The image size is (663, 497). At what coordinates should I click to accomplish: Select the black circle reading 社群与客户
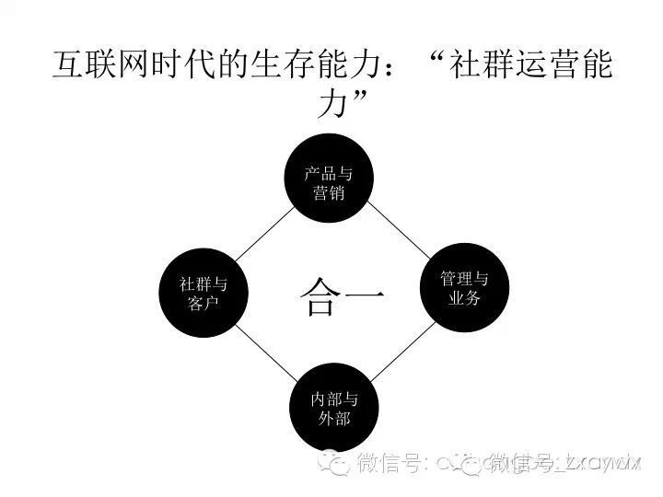203,293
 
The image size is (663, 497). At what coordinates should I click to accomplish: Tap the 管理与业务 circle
463,287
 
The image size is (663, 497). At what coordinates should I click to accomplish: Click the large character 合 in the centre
320,298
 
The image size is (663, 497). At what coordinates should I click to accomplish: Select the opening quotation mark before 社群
442,57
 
